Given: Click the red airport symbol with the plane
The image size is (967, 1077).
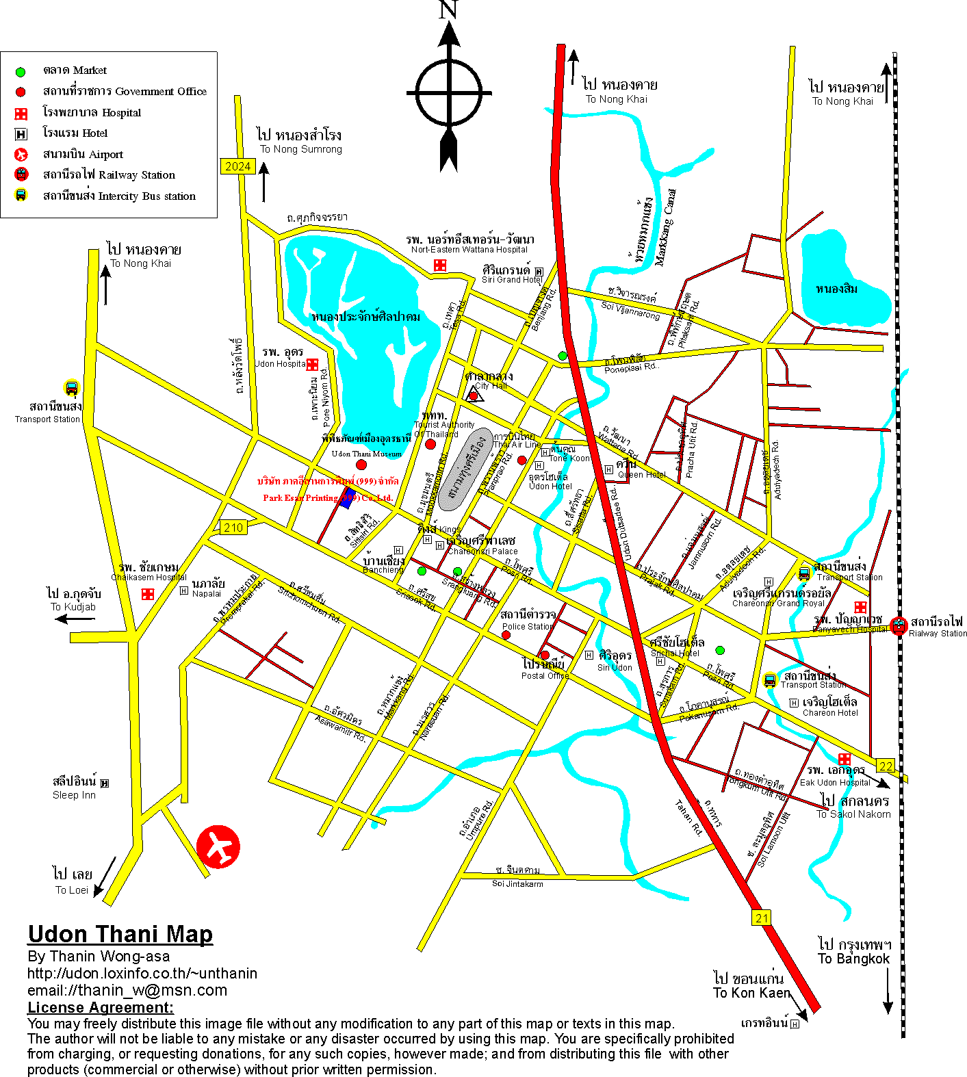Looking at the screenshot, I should pyautogui.click(x=218, y=846).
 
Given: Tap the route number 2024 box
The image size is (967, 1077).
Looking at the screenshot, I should pyautogui.click(x=237, y=166).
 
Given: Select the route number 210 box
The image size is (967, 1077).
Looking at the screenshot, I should pyautogui.click(x=233, y=527).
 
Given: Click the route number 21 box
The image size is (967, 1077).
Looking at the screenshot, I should pyautogui.click(x=762, y=918).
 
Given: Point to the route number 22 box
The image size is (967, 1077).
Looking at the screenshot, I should pyautogui.click(x=886, y=766).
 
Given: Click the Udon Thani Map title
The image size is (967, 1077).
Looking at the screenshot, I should pyautogui.click(x=120, y=934).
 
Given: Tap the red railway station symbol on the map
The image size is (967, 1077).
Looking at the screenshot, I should pyautogui.click(x=899, y=625).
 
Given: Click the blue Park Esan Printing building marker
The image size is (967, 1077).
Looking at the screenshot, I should pyautogui.click(x=348, y=497).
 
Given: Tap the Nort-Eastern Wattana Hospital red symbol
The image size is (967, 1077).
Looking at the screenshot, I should pyautogui.click(x=440, y=265).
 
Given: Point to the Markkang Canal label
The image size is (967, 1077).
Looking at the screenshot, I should pyautogui.click(x=665, y=227).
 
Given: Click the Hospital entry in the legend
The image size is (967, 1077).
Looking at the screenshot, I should pyautogui.click(x=91, y=113).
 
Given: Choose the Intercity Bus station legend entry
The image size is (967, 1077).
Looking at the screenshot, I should pyautogui.click(x=118, y=196).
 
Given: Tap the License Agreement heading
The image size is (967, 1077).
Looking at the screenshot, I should pyautogui.click(x=101, y=1007).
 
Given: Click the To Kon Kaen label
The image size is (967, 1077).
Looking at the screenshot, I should pyautogui.click(x=751, y=993).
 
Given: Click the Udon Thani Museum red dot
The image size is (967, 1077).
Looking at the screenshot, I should pyautogui.click(x=361, y=465).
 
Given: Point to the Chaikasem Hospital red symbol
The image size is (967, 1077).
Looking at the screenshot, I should pyautogui.click(x=147, y=594).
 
